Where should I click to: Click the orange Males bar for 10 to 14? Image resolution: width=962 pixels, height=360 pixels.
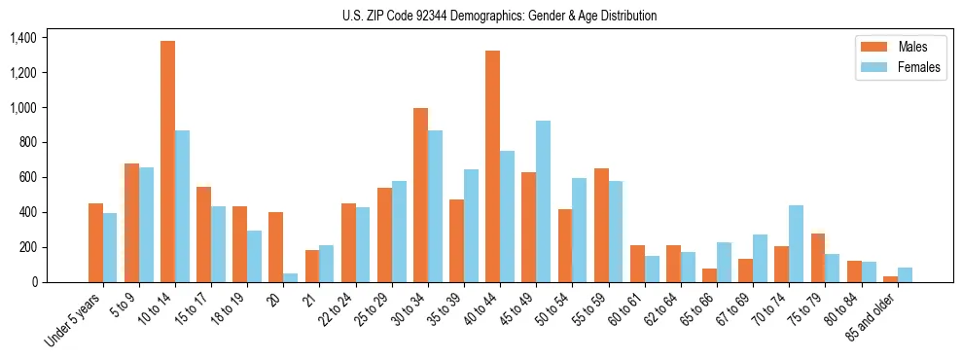tap(167, 162)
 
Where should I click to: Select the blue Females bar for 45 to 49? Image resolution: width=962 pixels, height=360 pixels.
tap(543, 201)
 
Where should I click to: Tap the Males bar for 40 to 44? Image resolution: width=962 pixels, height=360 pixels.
tap(492, 166)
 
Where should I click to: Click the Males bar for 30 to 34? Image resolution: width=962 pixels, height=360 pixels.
tap(420, 195)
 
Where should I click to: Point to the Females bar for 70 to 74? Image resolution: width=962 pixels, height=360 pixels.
tap(796, 243)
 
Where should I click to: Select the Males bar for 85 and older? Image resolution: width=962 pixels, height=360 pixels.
tap(890, 279)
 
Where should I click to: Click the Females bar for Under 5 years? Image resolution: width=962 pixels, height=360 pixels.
tap(110, 247)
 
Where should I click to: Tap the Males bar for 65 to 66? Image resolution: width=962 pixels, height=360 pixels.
tap(709, 275)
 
